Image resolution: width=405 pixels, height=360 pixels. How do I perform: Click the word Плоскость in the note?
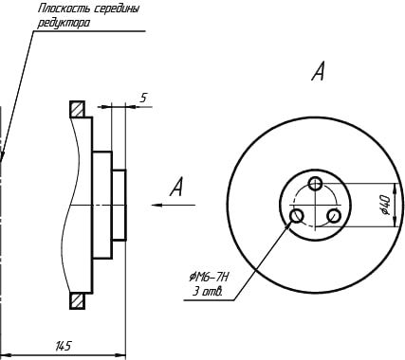(64, 9)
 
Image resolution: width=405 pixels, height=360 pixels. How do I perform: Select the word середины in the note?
(118, 9)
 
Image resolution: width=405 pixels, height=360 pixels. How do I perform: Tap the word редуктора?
(64, 23)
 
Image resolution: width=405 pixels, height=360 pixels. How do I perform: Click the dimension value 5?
(143, 98)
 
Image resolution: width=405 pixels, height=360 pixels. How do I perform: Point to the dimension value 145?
(63, 346)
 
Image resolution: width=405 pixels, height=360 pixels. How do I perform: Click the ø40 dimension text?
(385, 205)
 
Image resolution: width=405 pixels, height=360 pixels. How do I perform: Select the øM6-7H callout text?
(209, 278)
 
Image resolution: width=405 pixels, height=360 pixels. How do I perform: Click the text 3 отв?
(208, 292)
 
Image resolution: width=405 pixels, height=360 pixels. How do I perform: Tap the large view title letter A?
(318, 72)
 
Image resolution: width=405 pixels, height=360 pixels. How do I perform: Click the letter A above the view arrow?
(176, 187)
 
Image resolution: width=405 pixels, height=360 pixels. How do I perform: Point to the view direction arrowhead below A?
(157, 206)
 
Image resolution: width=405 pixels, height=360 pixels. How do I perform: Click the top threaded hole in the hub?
(315, 183)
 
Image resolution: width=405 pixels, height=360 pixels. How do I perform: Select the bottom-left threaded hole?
(297, 216)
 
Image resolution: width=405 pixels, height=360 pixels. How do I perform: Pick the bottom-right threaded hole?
(334, 216)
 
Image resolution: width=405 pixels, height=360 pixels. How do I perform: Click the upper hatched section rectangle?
(77, 109)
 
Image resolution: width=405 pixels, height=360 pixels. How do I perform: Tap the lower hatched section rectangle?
(77, 301)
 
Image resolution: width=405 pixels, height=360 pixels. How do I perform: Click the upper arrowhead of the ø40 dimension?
(395, 189)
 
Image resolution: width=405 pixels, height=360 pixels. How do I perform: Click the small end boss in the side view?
(120, 206)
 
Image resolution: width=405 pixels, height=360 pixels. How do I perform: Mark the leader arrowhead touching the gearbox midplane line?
(3, 157)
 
